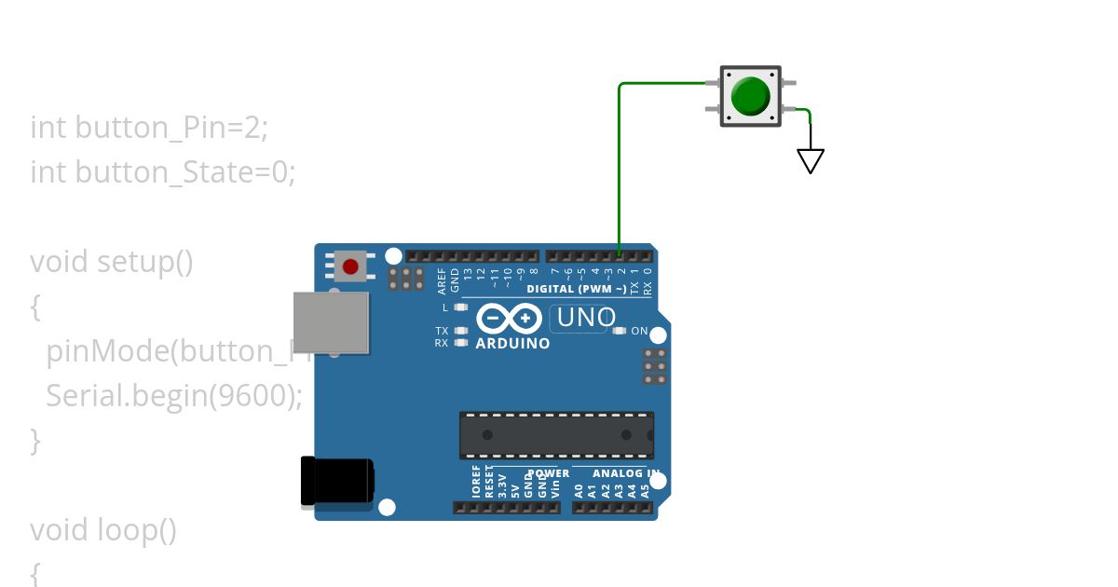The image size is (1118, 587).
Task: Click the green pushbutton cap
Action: (x=750, y=96)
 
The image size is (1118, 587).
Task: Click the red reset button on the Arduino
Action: (x=350, y=267)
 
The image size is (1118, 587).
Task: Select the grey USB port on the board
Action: (x=331, y=322)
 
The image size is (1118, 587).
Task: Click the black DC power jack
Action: (x=337, y=482)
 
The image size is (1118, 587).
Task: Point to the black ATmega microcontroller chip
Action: (x=556, y=435)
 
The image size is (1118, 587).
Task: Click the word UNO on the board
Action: (x=585, y=318)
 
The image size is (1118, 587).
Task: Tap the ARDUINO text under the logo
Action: (x=512, y=343)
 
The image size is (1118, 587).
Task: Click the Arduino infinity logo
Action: (x=510, y=319)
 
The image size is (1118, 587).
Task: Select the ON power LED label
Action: (x=639, y=331)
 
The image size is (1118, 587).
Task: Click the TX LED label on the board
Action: (x=442, y=331)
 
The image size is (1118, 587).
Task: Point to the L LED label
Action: (x=445, y=307)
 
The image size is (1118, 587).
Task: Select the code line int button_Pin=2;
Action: (x=149, y=127)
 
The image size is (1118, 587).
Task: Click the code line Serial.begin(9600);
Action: (x=174, y=395)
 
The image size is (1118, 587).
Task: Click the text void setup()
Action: (x=111, y=261)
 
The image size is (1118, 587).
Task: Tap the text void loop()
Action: (x=102, y=529)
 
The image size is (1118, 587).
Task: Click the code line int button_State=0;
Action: (x=162, y=171)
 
